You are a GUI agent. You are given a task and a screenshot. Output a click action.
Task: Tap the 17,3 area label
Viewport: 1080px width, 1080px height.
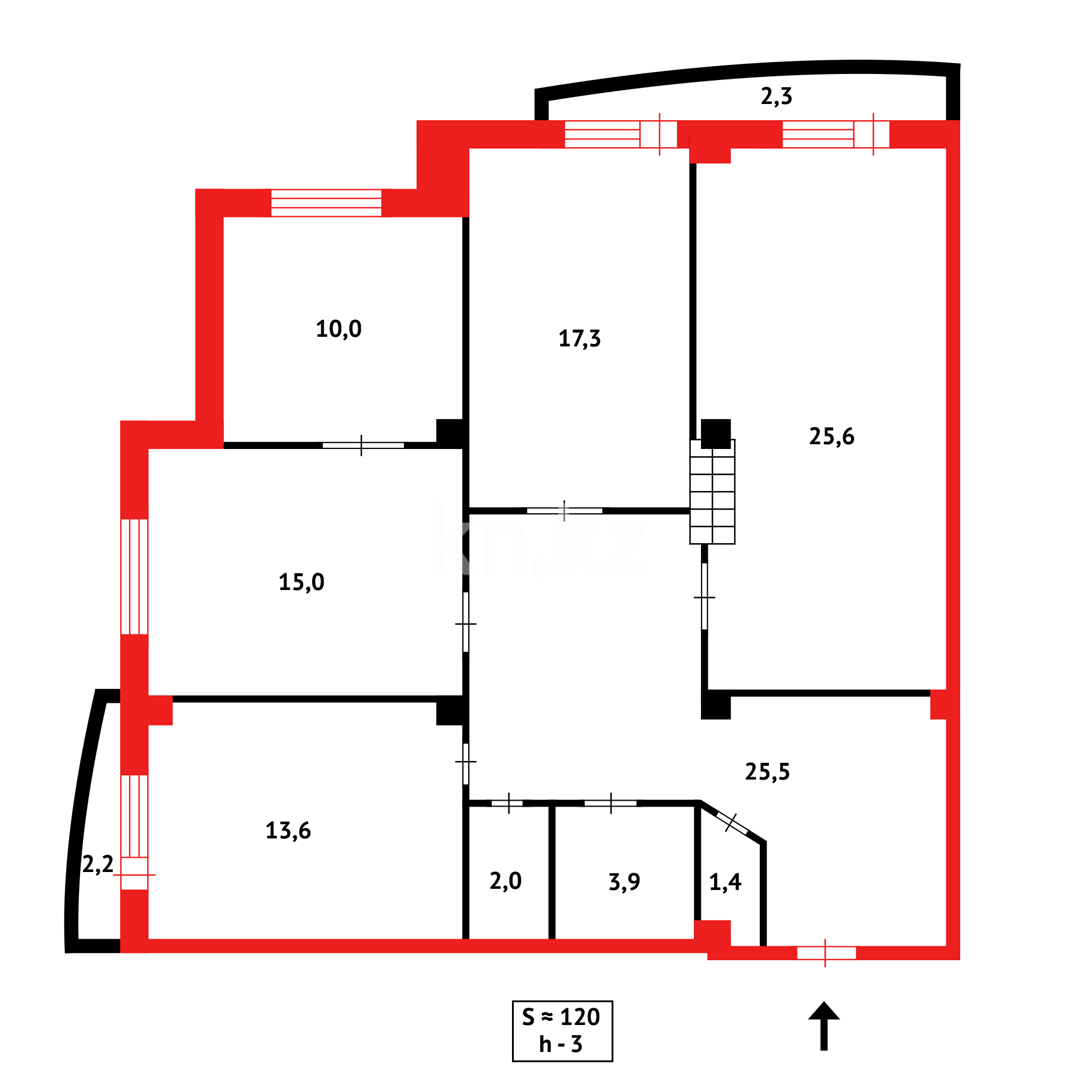coord(580,338)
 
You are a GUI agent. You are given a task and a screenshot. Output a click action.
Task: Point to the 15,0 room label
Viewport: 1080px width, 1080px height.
coord(301,582)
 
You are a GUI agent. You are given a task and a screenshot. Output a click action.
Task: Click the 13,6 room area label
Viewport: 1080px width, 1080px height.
coord(288,830)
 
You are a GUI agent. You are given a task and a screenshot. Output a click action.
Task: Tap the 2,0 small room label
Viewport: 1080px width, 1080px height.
coord(506,881)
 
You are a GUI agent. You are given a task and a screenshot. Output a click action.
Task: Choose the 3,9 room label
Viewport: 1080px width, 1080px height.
coord(624,881)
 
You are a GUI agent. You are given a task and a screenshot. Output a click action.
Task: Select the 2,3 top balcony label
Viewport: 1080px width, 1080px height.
coord(776,97)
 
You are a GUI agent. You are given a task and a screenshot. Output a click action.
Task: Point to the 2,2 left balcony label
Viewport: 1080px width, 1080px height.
coord(97,864)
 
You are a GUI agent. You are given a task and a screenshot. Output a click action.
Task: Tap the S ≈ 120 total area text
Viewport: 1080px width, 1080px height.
coord(561,1017)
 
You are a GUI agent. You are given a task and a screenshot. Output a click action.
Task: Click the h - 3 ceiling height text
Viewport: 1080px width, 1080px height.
coord(561,1044)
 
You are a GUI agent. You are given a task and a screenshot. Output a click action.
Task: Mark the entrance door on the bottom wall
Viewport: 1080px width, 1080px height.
coord(826,952)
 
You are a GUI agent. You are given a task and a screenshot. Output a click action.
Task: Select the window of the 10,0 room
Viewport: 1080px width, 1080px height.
coord(326,202)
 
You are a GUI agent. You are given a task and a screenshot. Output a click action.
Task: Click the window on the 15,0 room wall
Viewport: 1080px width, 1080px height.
coord(134,576)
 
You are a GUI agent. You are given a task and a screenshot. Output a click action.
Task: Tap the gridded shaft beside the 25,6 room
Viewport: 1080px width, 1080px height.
coord(712,491)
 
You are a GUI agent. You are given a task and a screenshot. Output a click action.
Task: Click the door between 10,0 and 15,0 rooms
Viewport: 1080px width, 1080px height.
coord(362,445)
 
